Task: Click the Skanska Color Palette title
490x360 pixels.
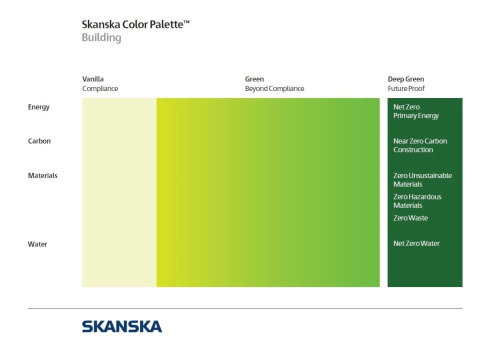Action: (135, 24)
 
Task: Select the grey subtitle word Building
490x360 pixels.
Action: (101, 37)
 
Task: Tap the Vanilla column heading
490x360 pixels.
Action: (93, 79)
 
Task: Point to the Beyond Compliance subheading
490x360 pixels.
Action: (274, 88)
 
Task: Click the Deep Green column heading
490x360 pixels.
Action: (406, 79)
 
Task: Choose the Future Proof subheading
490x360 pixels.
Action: (406, 88)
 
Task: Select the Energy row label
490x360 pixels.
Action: (39, 107)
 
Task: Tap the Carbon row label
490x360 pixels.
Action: (39, 141)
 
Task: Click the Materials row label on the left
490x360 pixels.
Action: (43, 175)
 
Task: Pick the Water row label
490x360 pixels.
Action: (37, 244)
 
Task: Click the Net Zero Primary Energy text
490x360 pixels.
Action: (416, 111)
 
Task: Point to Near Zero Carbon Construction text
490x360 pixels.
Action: (420, 145)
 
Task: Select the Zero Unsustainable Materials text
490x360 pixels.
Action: (422, 179)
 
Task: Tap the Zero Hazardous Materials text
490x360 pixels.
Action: (417, 201)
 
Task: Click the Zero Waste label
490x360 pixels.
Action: (410, 218)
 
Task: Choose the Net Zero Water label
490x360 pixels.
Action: (416, 243)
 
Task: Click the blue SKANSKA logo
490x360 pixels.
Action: (122, 326)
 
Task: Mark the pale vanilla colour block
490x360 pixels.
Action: (119, 192)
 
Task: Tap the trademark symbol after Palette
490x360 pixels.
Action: (186, 22)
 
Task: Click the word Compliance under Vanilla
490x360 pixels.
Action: (100, 88)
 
